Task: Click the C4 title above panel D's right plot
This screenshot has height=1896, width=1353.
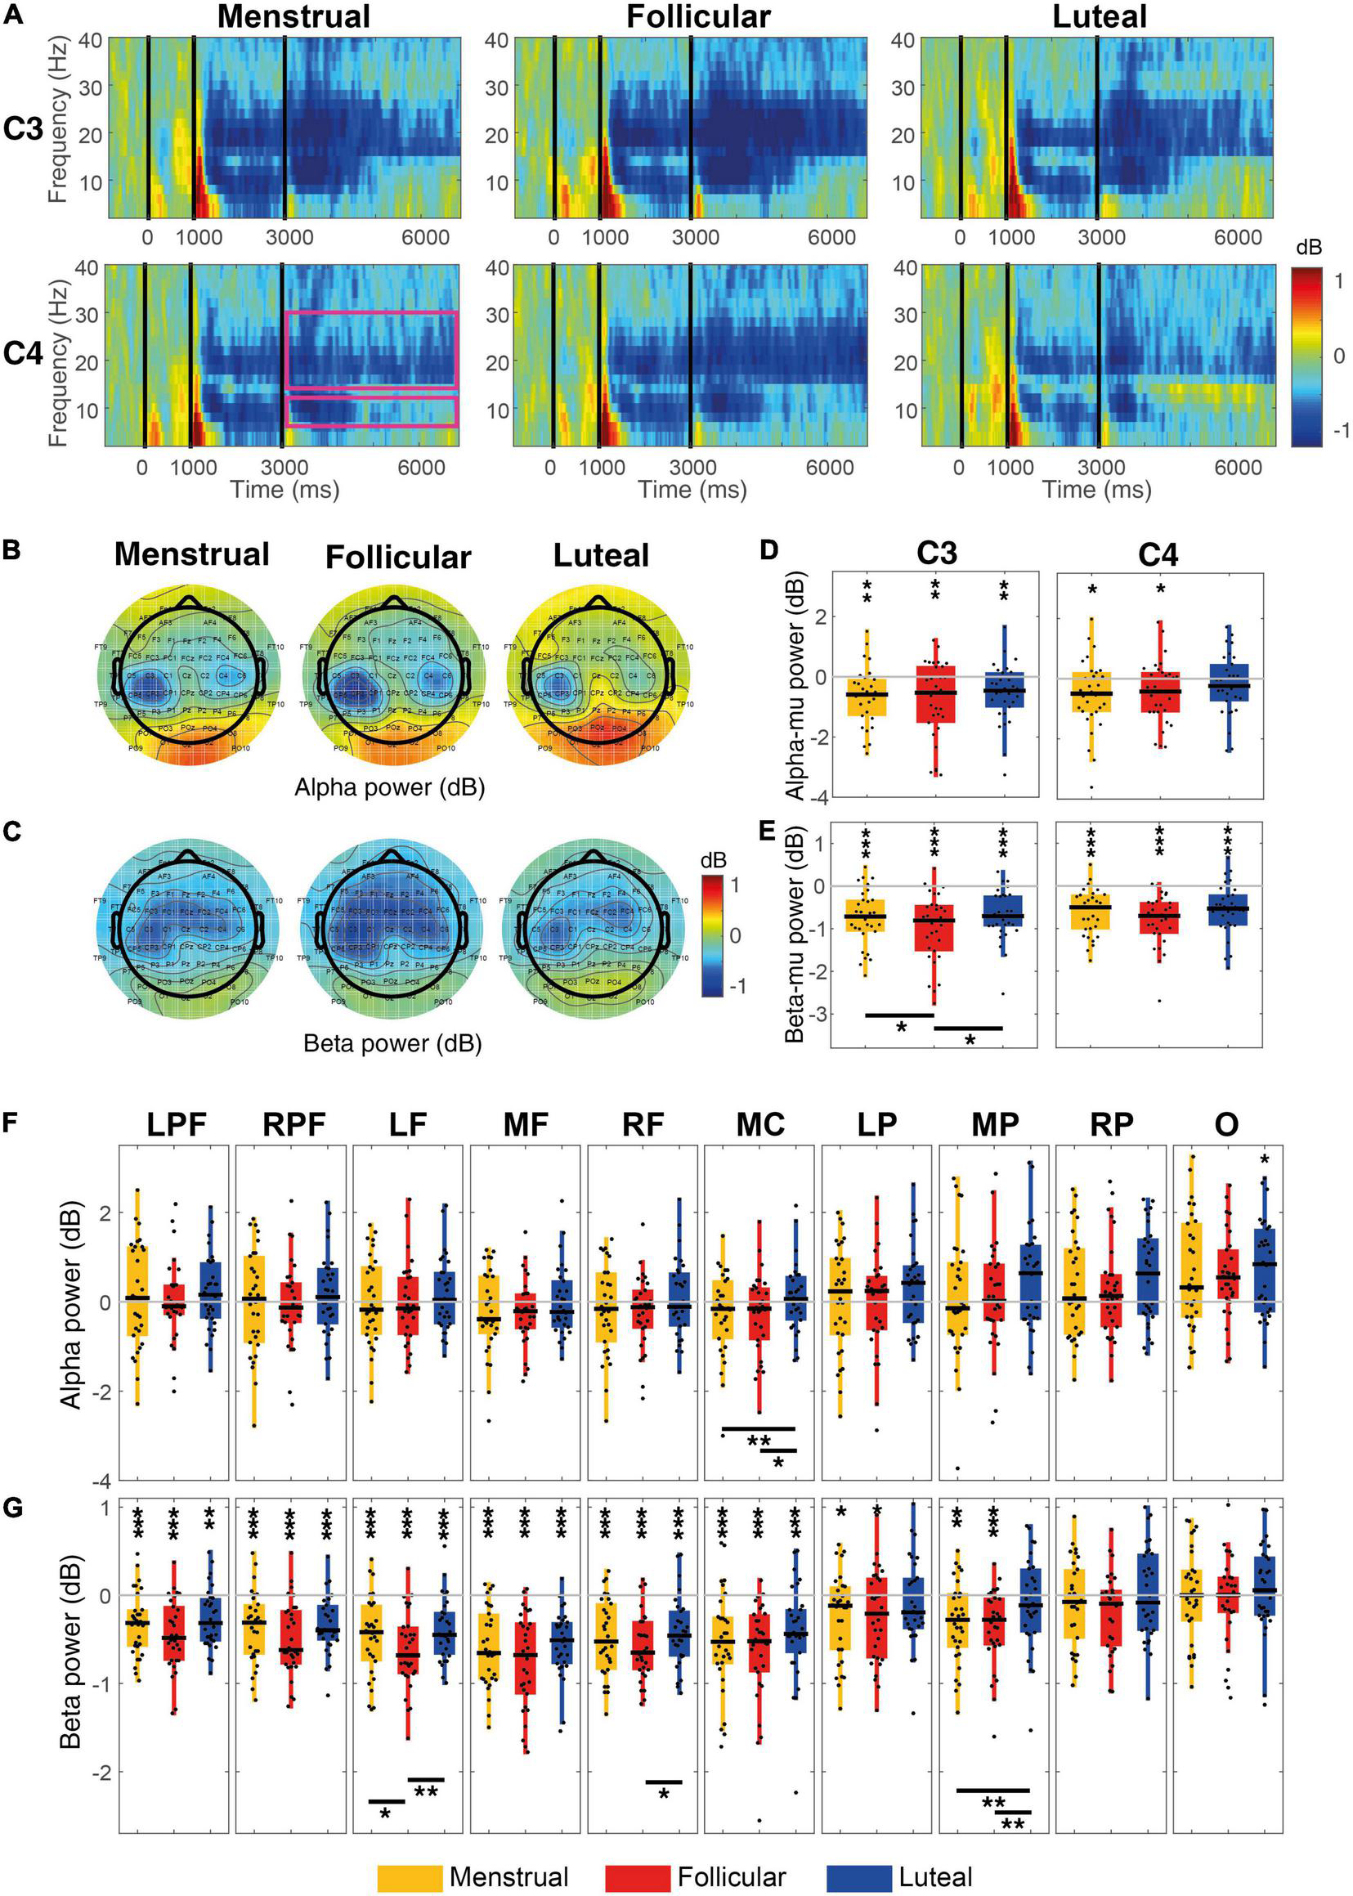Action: tap(1159, 554)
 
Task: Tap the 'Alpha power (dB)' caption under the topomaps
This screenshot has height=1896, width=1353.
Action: tap(389, 787)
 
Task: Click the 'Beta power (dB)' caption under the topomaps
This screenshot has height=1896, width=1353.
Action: tap(392, 1043)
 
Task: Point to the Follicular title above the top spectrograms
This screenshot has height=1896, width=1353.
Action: tap(698, 16)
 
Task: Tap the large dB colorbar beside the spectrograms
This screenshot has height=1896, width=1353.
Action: tap(1306, 356)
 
